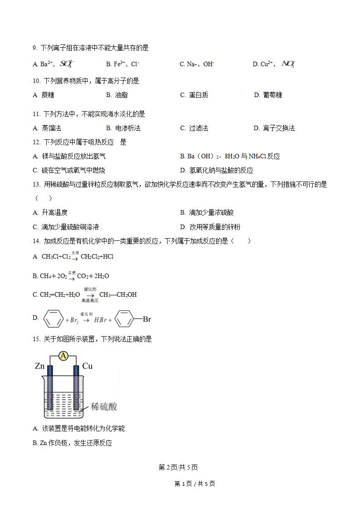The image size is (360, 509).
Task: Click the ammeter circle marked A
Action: tap(64, 356)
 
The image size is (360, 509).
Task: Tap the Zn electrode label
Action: tap(39, 366)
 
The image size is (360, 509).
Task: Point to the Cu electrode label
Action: tap(88, 366)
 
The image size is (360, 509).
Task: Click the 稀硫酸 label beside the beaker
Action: tap(104, 406)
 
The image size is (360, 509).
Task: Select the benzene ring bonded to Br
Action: tap(124, 319)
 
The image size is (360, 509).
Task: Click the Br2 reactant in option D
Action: tap(73, 320)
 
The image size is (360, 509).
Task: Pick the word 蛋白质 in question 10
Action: tap(198, 95)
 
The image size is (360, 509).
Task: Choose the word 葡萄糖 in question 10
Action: tap(272, 95)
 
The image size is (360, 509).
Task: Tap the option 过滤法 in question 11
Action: tap(198, 128)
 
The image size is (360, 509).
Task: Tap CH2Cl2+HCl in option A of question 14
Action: tap(97, 257)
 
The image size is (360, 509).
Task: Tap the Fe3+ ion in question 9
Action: tap(119, 64)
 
